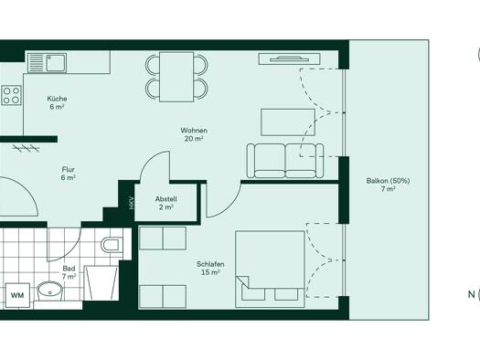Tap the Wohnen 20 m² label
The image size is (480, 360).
pos(194,134)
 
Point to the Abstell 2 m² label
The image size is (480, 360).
pos(165,203)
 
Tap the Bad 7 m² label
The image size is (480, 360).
pos(69,272)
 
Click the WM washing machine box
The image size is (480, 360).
pos(17,295)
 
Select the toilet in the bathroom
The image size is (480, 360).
pos(110,245)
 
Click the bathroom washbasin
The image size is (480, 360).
pos(50,291)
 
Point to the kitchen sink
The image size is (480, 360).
pos(56,63)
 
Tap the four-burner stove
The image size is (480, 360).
pos(11,95)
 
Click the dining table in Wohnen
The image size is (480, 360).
pos(176,77)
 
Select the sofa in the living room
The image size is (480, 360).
pos(285,161)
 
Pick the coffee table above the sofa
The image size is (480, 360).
pos(288,122)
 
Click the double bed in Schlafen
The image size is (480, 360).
pos(270,270)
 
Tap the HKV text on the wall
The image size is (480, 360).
pos(132,203)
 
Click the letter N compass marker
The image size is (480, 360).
pos(471,294)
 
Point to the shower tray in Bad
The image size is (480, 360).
pos(101,283)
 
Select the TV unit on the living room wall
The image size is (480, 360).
pos(289,58)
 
